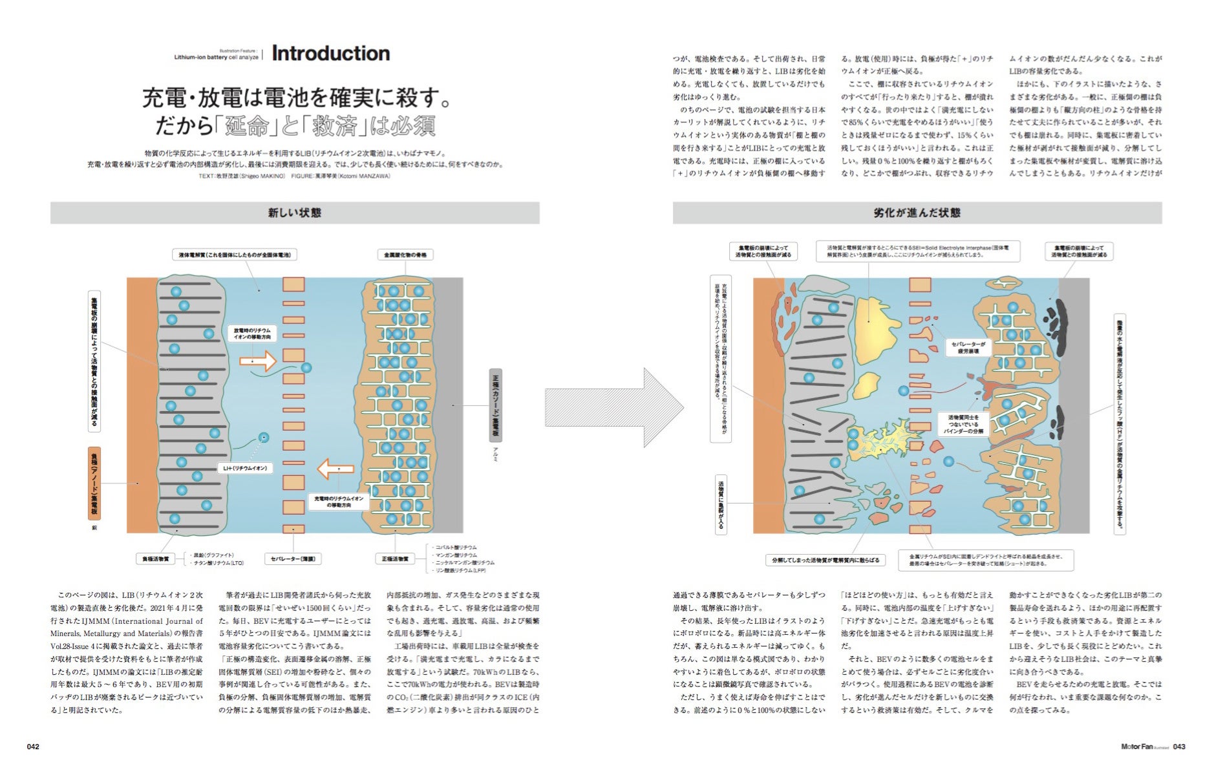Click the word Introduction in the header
pyautogui.click(x=330, y=53)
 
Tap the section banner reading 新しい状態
pyautogui.click(x=295, y=213)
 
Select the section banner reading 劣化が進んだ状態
pyautogui.click(x=917, y=213)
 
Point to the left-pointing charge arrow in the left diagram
pyautogui.click(x=336, y=468)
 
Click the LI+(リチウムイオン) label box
pyautogui.click(x=245, y=468)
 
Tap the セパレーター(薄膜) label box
pyautogui.click(x=293, y=559)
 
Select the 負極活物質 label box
pyautogui.click(x=156, y=559)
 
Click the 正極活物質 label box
pyautogui.click(x=395, y=559)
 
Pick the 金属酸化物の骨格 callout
pyautogui.click(x=405, y=255)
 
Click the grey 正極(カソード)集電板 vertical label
pyautogui.click(x=495, y=405)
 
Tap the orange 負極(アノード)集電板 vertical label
pyautogui.click(x=94, y=483)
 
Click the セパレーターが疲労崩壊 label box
pyautogui.click(x=968, y=348)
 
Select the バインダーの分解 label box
pyautogui.click(x=963, y=424)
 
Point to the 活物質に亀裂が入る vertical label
pyautogui.click(x=721, y=505)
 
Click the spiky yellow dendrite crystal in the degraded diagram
pyautogui.click(x=886, y=440)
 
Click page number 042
pyautogui.click(x=33, y=747)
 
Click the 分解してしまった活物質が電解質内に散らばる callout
pyautogui.click(x=825, y=560)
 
